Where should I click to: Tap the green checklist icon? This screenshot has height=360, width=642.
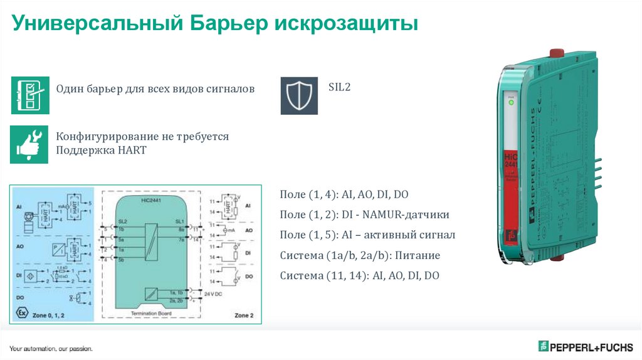pyautogui.click(x=29, y=95)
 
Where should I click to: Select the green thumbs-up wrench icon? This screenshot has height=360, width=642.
pyautogui.click(x=29, y=144)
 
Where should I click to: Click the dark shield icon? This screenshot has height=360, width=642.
pyautogui.click(x=299, y=95)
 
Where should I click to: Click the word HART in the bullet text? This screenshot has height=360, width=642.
pyautogui.click(x=132, y=151)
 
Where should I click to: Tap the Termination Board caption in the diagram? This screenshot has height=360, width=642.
pyautogui.click(x=151, y=313)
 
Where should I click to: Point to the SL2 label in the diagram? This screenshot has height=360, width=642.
pyautogui.click(x=123, y=222)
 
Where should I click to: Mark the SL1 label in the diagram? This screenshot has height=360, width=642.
pyautogui.click(x=179, y=222)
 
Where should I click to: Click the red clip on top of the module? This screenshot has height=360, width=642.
pyautogui.click(x=554, y=54)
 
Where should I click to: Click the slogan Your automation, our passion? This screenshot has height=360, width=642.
pyautogui.click(x=51, y=348)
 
